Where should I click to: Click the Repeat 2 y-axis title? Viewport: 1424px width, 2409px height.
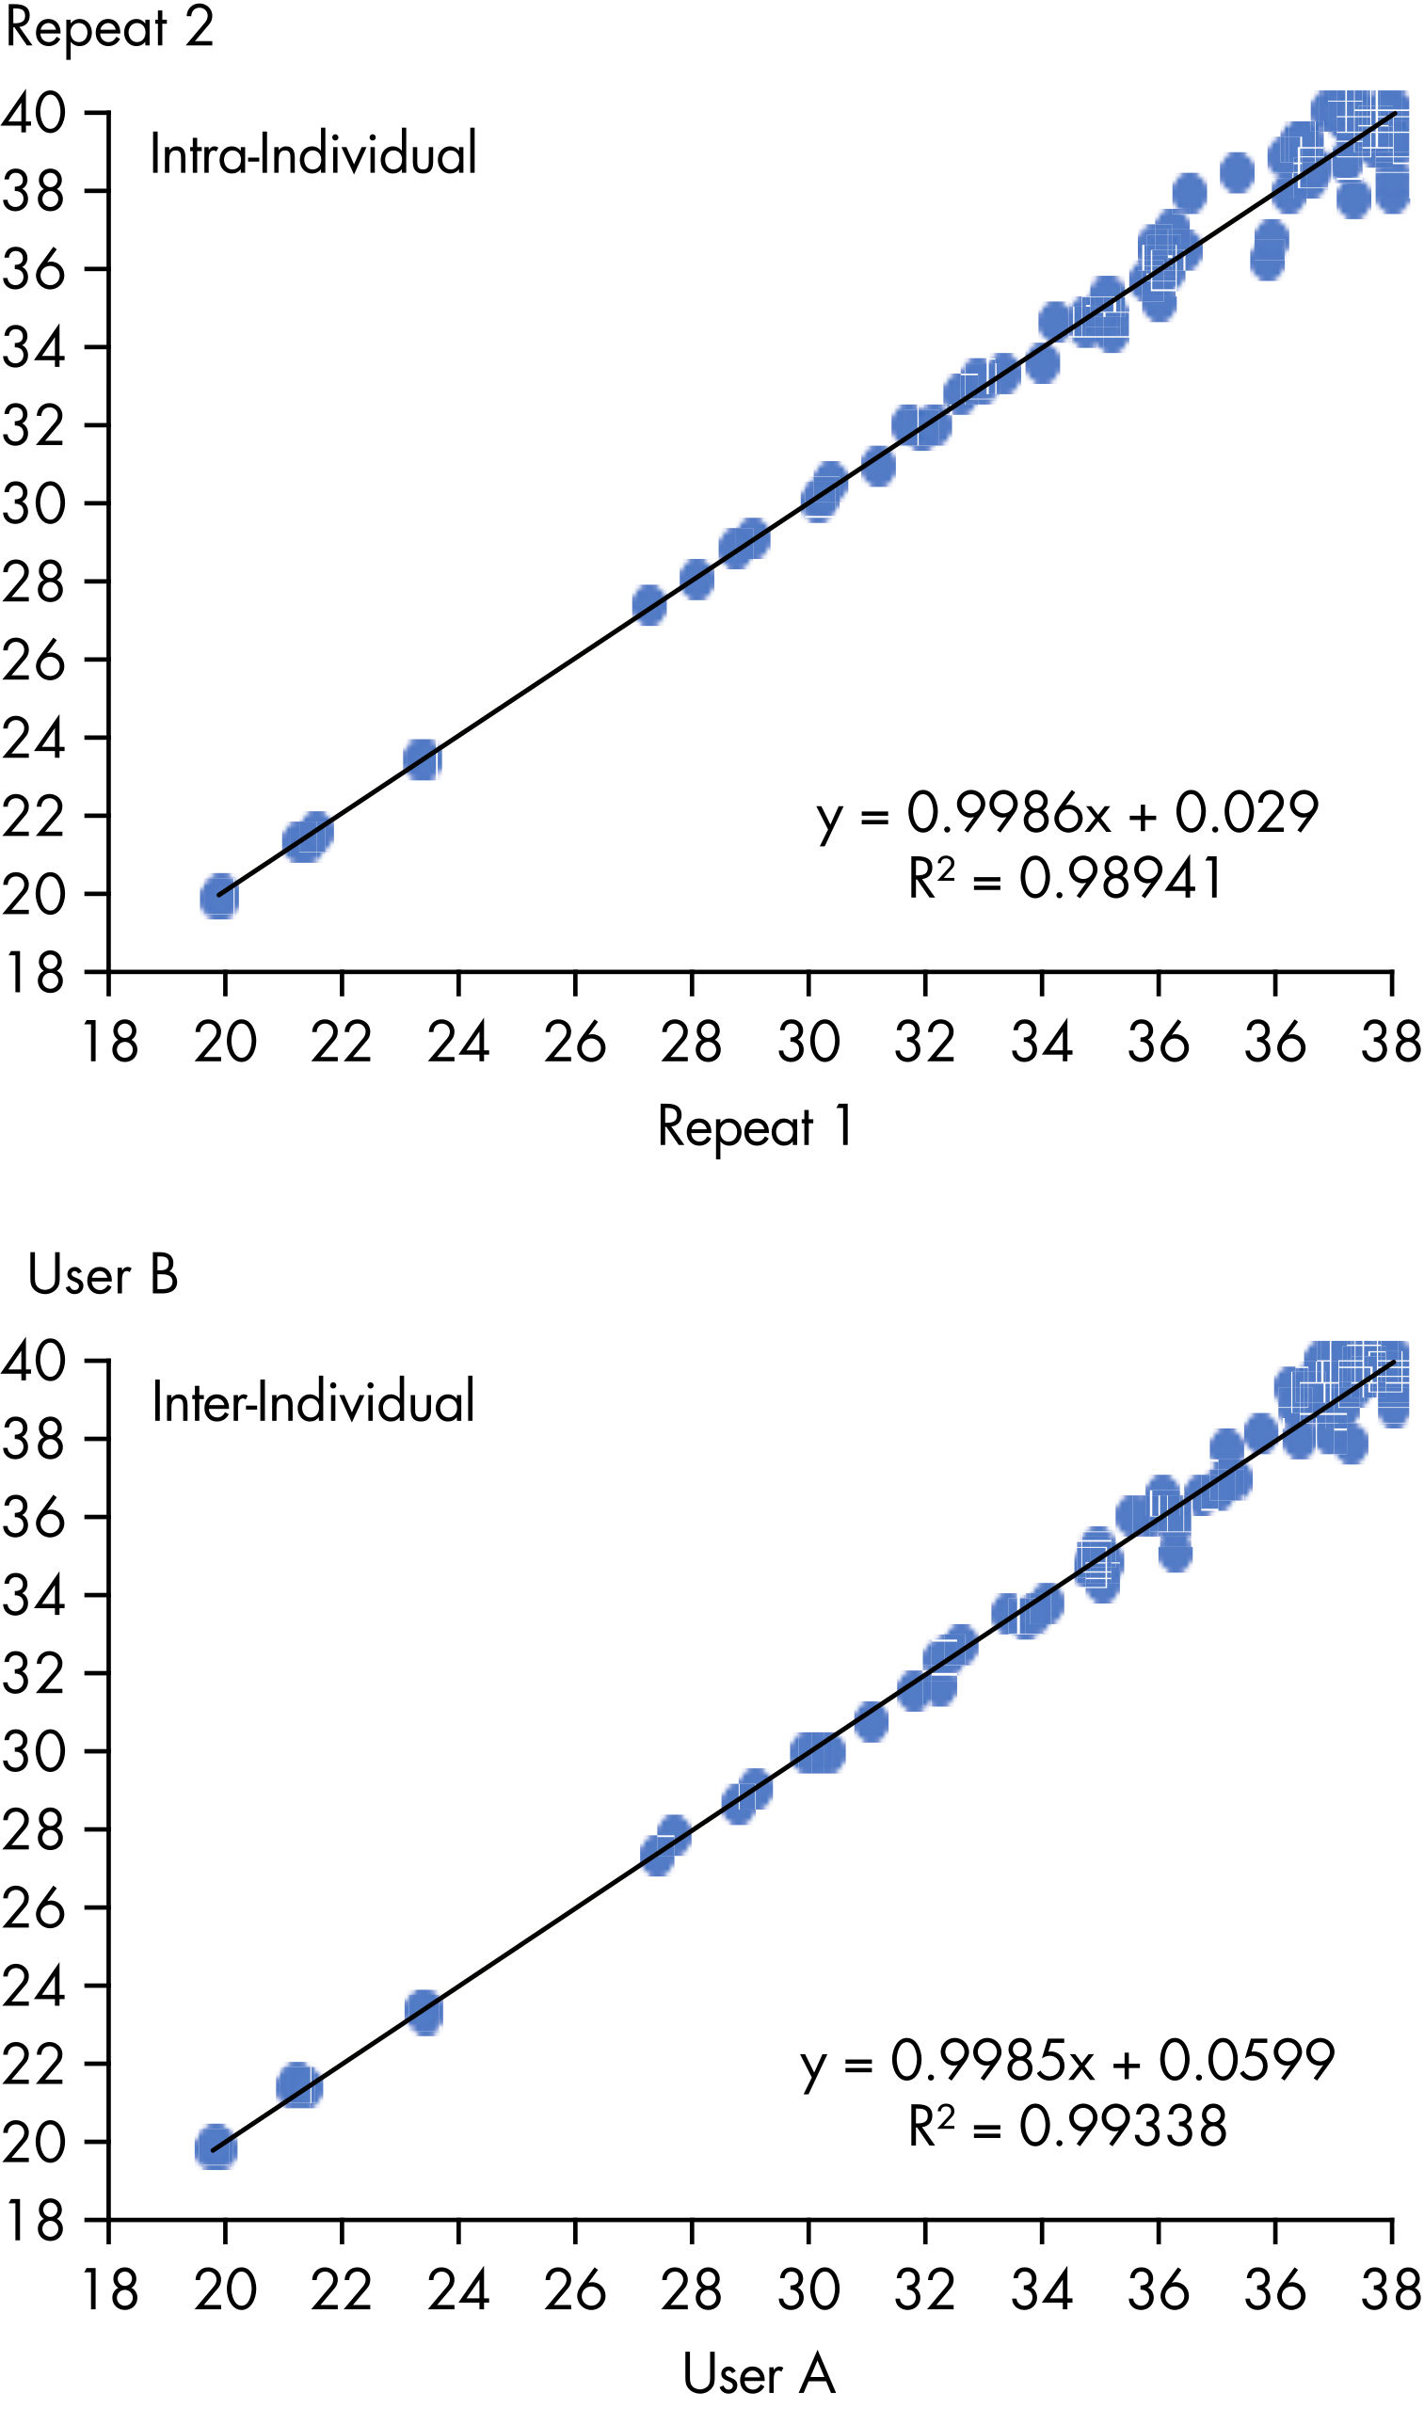108,27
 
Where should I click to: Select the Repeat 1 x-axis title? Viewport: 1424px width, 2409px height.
755,1126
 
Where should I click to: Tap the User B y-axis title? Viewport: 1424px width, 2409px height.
103,1275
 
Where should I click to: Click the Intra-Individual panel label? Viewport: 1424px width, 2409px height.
312,153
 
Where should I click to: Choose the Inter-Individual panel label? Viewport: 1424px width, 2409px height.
312,1402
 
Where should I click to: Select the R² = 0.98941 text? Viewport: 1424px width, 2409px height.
1065,878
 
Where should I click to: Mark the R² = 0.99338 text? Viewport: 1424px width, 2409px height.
1067,2126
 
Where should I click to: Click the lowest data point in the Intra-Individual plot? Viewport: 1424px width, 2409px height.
219,897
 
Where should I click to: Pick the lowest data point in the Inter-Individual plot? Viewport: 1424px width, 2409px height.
216,2147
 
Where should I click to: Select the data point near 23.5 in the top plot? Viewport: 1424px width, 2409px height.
423,759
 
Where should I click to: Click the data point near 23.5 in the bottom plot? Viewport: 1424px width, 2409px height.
424,2010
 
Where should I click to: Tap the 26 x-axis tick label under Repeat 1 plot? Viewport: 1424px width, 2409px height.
575,1043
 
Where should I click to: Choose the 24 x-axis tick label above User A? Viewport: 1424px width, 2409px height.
458,2290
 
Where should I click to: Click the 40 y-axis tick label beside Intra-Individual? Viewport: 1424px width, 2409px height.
35,113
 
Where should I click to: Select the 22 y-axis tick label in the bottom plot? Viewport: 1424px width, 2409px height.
35,2065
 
